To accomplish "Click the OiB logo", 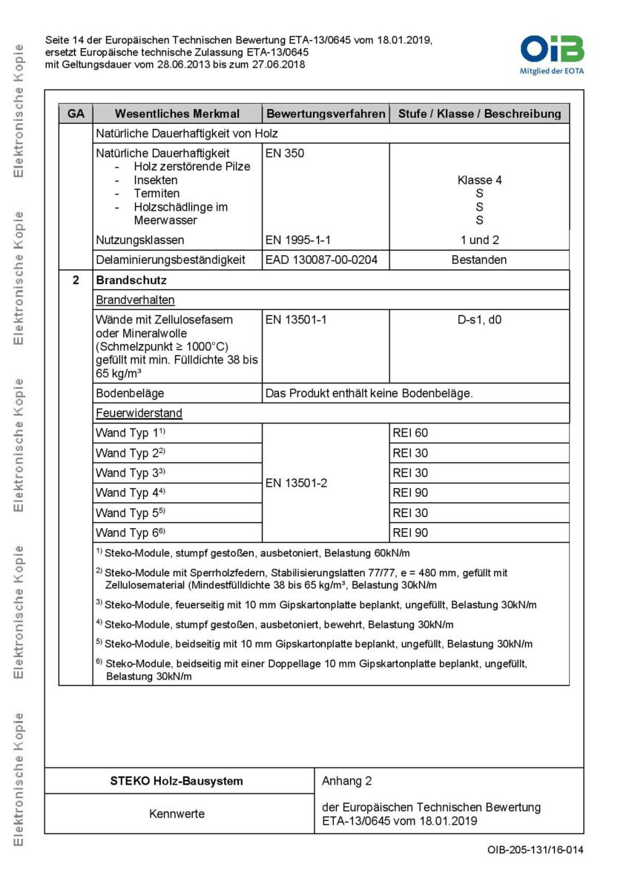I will click(x=552, y=50).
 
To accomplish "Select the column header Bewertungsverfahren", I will click(x=326, y=114).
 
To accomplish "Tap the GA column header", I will click(x=76, y=114).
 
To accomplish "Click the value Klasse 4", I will click(x=479, y=180).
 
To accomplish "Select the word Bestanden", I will click(x=479, y=260).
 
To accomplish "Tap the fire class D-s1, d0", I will click(x=479, y=320).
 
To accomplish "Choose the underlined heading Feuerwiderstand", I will click(x=139, y=413).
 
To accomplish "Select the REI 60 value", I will click(x=410, y=433).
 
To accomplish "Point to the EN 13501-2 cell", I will click(x=296, y=483).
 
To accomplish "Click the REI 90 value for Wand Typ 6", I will click(x=410, y=533).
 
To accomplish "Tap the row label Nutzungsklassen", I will click(x=140, y=240).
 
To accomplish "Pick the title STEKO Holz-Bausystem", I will click(x=177, y=781).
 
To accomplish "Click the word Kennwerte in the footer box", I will click(x=177, y=814).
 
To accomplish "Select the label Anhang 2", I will click(x=347, y=781).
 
